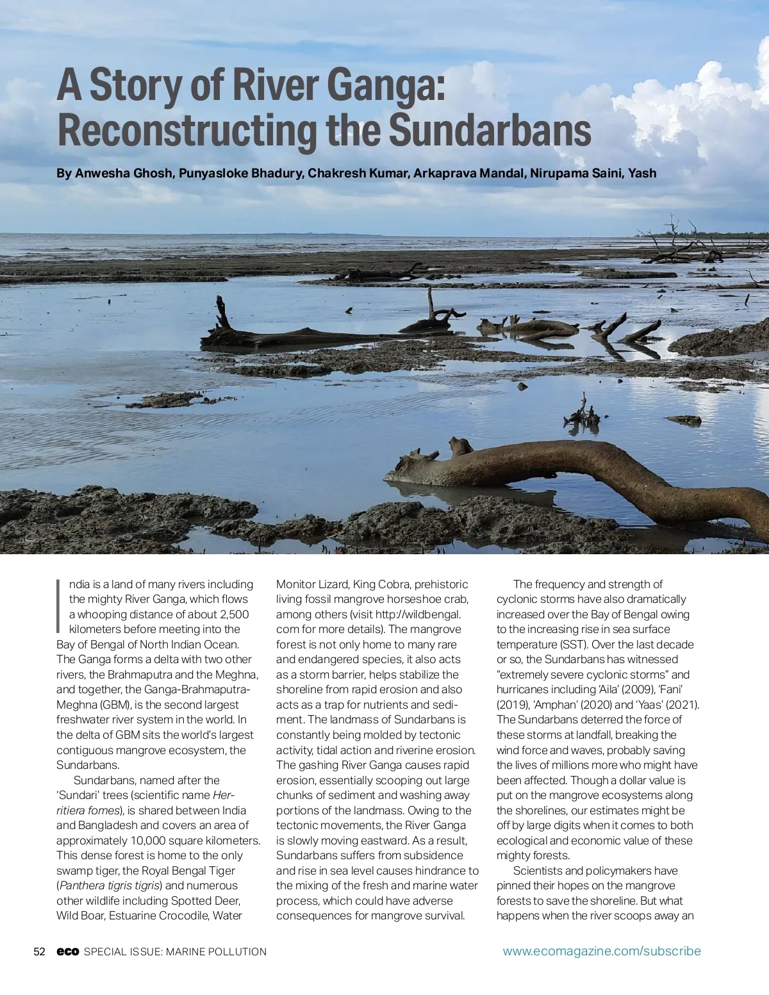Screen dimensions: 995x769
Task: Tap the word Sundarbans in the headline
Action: pos(490,130)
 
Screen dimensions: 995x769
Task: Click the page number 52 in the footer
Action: pos(39,951)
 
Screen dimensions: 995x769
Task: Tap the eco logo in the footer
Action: pos(67,951)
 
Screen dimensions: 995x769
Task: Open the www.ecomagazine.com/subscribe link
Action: pos(602,951)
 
